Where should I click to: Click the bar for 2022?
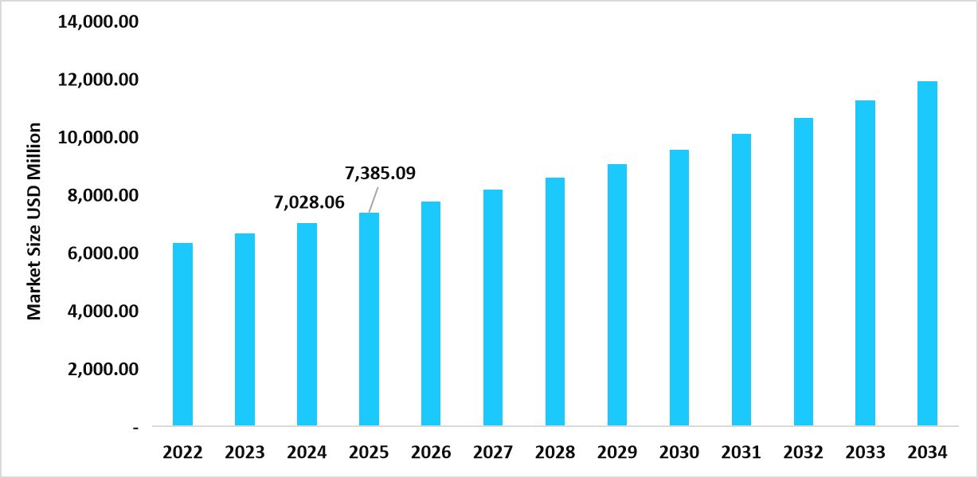click(x=182, y=334)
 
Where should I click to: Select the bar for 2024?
click(x=307, y=324)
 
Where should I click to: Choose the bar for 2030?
click(x=679, y=288)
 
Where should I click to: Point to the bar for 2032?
click(x=803, y=272)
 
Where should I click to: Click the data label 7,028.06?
click(x=309, y=203)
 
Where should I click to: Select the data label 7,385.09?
click(x=380, y=173)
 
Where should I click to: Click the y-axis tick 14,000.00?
click(x=98, y=22)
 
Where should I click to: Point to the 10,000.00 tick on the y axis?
click(x=98, y=138)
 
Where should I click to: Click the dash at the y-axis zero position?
click(x=136, y=428)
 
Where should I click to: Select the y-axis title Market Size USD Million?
click(x=34, y=221)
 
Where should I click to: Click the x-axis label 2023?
click(x=244, y=453)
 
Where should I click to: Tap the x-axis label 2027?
click(x=493, y=453)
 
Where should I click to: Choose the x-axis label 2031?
click(x=741, y=453)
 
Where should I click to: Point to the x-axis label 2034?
click(x=927, y=453)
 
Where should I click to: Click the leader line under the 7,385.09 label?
click(x=373, y=200)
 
